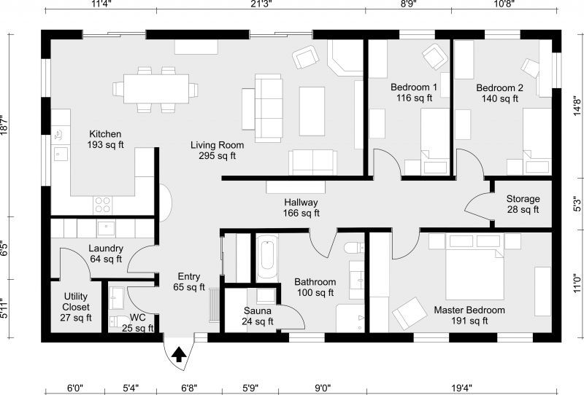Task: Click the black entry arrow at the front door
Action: click(x=177, y=355)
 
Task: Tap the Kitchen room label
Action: click(x=105, y=134)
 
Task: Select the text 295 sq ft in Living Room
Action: click(x=218, y=156)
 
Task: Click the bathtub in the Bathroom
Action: click(x=266, y=259)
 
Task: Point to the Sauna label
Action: click(x=258, y=311)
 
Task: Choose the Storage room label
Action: click(x=523, y=199)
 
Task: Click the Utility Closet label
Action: click(x=76, y=307)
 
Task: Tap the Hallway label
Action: click(x=301, y=203)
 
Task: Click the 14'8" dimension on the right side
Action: click(x=577, y=106)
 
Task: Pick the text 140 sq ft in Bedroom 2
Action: click(x=500, y=98)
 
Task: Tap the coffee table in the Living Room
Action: click(x=312, y=104)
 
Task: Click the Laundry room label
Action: click(x=105, y=249)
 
